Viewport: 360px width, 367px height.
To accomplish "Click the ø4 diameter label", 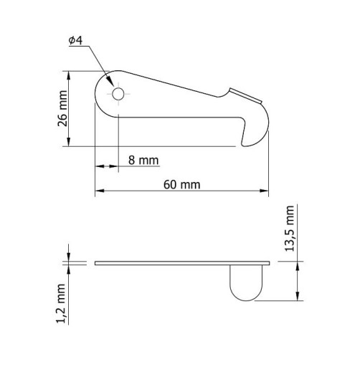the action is (75, 40).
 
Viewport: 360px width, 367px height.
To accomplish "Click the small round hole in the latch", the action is (118, 94).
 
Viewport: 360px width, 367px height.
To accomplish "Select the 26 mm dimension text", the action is (62, 108).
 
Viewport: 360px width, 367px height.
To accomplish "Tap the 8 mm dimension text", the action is (143, 160).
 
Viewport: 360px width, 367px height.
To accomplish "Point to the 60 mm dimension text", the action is (182, 185).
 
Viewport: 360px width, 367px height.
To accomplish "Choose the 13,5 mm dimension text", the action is (290, 229).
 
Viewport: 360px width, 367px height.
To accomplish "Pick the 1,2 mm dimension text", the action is (61, 303).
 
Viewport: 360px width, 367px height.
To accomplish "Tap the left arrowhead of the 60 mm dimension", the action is (100, 191).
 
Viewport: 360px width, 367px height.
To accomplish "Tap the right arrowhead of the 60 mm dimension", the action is (264, 191).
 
